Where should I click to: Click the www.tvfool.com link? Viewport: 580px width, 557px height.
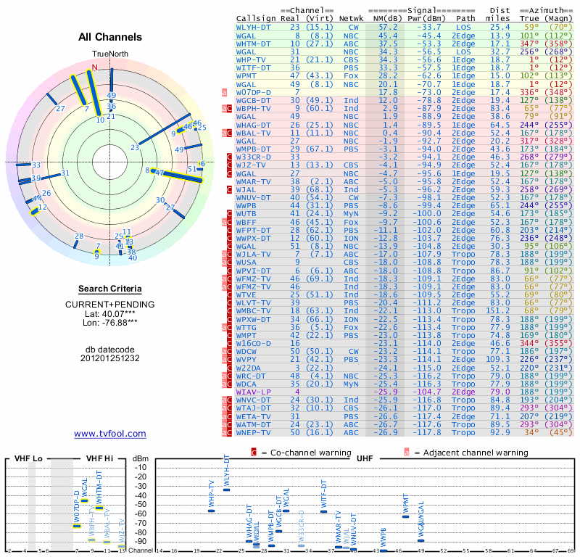(x=110, y=434)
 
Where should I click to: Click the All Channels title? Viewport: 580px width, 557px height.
(x=110, y=37)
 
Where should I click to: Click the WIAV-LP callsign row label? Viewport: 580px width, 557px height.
(x=254, y=391)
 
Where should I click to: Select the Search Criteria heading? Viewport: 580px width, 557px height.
(x=110, y=289)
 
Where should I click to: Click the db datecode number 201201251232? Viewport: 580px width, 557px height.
(x=110, y=358)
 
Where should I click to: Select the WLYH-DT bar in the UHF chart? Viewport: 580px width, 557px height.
(x=227, y=490)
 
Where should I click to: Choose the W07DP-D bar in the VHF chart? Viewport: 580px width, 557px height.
(x=77, y=525)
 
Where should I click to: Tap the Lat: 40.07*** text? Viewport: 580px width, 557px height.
(x=110, y=313)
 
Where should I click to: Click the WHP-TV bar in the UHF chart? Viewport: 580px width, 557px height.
(x=212, y=511)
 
